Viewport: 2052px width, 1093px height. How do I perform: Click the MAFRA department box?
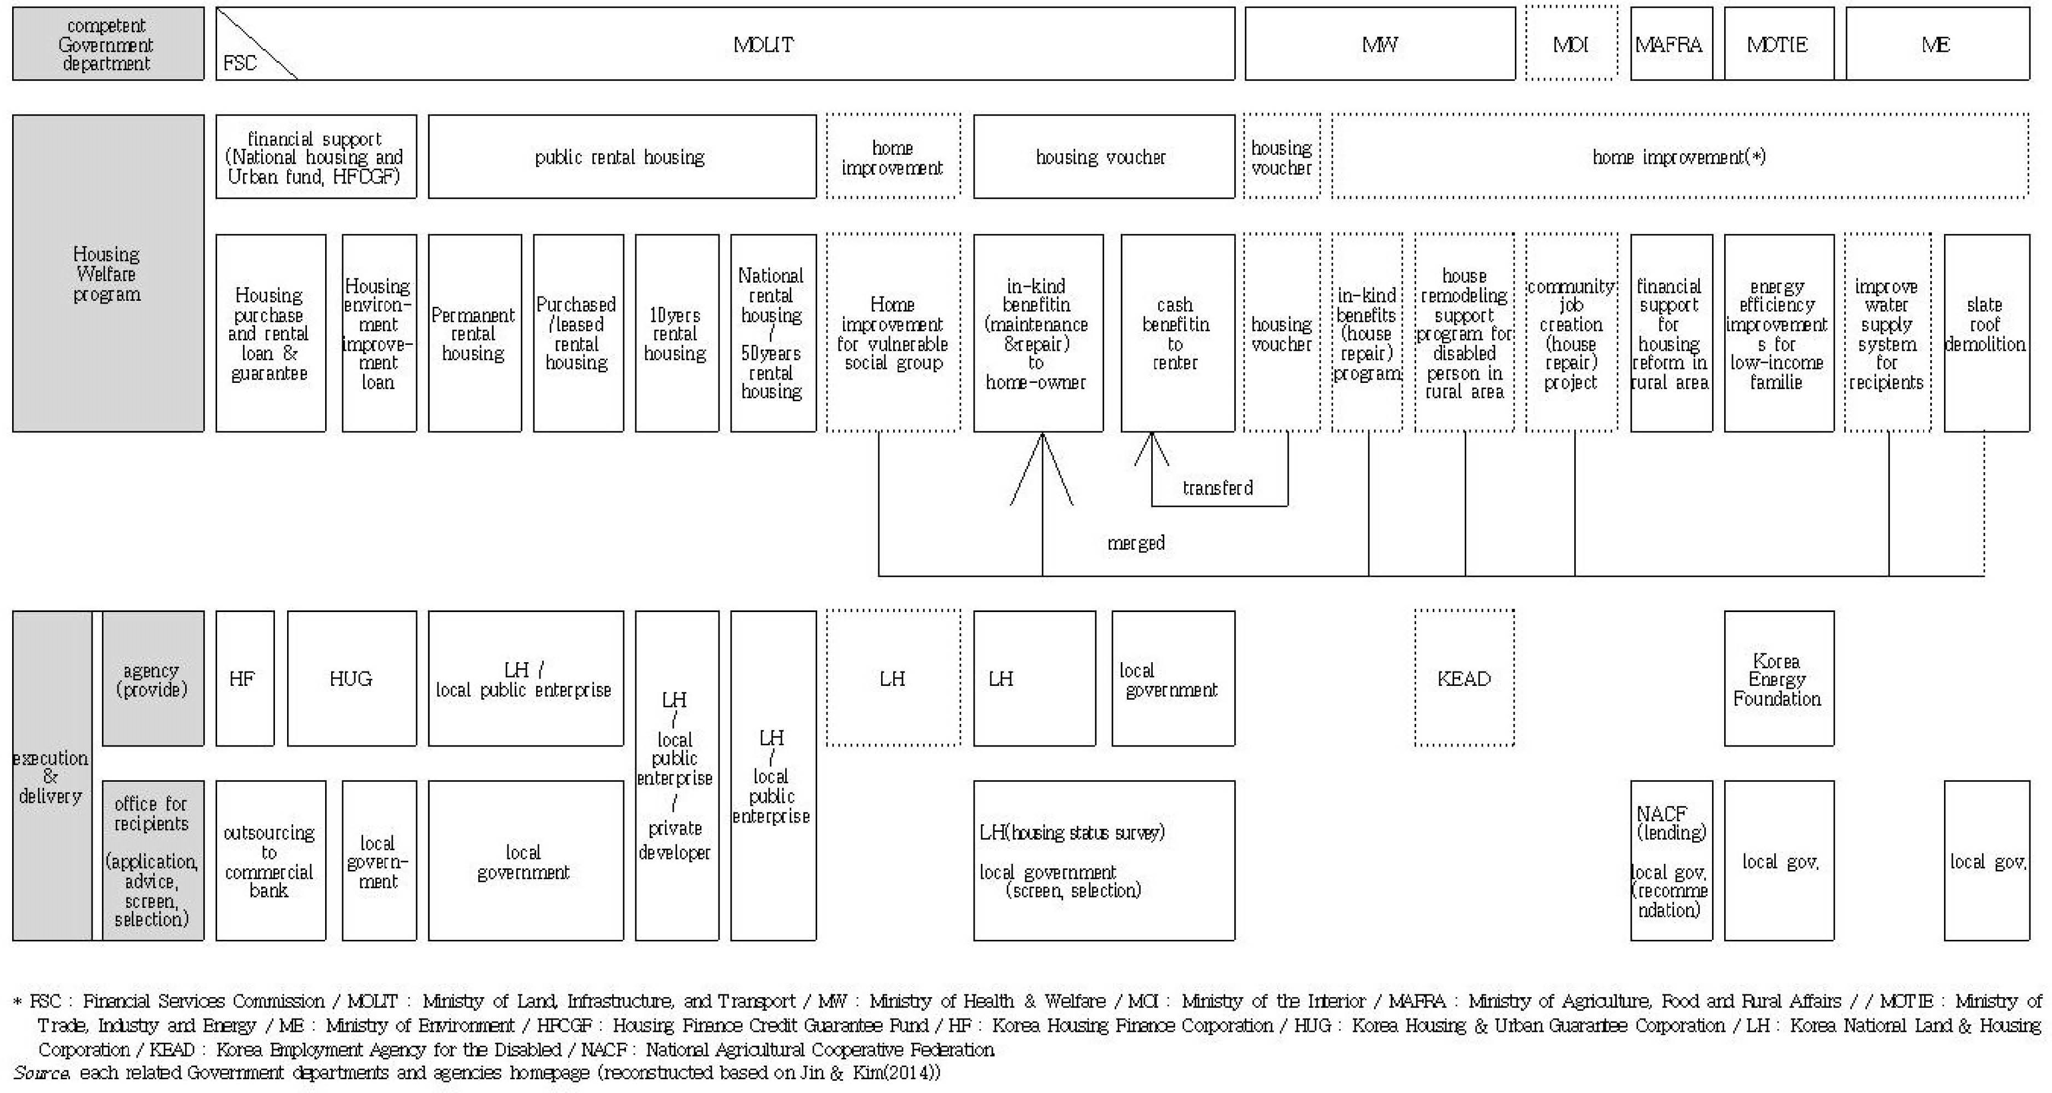(x=1671, y=44)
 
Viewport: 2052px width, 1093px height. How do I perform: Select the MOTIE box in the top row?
(x=1779, y=44)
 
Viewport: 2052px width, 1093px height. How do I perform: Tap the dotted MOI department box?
(x=1572, y=44)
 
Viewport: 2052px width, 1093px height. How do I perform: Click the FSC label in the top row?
(x=240, y=63)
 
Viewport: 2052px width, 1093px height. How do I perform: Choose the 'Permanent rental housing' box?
(x=475, y=333)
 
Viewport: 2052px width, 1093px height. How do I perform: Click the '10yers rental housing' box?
(x=677, y=333)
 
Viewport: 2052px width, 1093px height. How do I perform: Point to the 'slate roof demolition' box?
(x=1986, y=333)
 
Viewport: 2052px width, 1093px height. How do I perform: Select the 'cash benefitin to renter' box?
(x=1178, y=333)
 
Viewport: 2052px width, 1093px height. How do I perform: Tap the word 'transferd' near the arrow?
(x=1217, y=488)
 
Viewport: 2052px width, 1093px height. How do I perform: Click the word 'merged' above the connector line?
(x=1136, y=543)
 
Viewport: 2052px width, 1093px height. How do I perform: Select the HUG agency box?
(x=352, y=678)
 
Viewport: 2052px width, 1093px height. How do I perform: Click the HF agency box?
(x=245, y=678)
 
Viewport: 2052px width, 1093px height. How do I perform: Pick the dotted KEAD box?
(x=1464, y=678)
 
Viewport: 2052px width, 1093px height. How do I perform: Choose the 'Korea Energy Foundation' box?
(x=1779, y=678)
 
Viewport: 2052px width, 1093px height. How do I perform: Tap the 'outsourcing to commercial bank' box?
(x=271, y=861)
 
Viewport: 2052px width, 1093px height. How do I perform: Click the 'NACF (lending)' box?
(x=1671, y=861)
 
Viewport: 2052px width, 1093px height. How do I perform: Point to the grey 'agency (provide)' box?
(x=152, y=678)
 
